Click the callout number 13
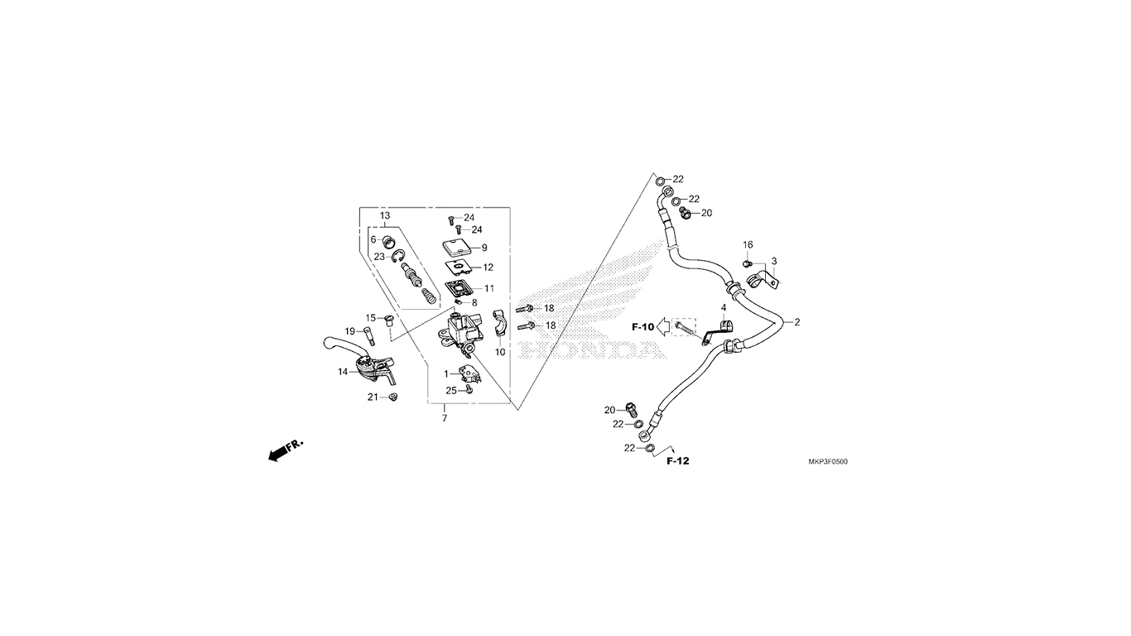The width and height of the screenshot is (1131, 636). point(385,215)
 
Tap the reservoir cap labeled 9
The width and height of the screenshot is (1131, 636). point(455,247)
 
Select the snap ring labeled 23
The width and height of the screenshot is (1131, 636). point(398,257)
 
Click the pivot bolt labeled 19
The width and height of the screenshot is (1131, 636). point(369,335)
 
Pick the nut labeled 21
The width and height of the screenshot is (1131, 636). point(393,398)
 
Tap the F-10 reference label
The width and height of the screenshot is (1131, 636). point(643,327)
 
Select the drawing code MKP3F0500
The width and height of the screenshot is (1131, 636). point(823,462)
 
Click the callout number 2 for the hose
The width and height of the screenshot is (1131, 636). point(797,322)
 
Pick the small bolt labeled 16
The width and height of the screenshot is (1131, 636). point(747,263)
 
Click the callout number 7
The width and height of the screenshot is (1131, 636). point(444,418)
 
